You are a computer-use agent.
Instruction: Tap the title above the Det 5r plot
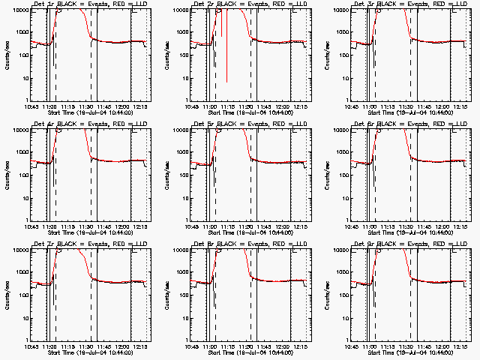point(251,123)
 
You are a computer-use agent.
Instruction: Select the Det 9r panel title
point(411,243)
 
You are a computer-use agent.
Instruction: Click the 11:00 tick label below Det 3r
point(370,106)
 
